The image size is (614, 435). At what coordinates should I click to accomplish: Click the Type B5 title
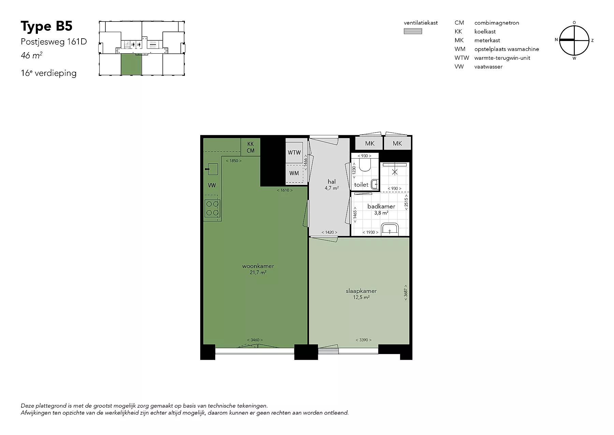point(47,26)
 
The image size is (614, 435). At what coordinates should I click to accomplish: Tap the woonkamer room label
point(258,266)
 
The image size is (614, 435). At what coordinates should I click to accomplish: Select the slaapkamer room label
point(361,291)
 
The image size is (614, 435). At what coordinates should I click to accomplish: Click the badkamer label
point(381,206)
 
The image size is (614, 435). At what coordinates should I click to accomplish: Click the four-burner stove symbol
point(212,208)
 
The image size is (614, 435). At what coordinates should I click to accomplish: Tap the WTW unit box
point(294,152)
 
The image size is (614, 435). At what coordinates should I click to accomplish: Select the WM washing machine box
point(294,173)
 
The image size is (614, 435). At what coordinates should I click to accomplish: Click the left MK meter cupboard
point(369,144)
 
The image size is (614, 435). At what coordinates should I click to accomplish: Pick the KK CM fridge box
point(250,147)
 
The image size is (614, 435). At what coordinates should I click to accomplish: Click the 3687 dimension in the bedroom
point(405,293)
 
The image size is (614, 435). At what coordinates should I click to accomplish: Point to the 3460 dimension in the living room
point(255,340)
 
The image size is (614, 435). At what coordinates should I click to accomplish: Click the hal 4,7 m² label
point(332,185)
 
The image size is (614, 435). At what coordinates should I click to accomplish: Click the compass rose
point(574,40)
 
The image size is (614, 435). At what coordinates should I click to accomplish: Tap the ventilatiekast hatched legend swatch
point(413,31)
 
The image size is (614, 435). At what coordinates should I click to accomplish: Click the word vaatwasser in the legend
point(488,67)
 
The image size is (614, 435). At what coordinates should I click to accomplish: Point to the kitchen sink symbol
point(213,169)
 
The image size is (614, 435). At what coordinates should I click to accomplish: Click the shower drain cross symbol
point(395,172)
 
